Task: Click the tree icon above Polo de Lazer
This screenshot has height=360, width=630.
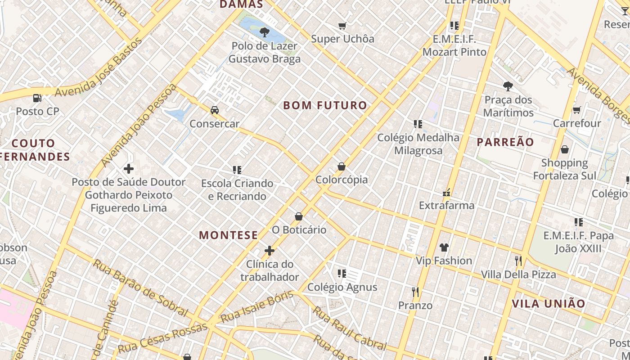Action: (265, 32)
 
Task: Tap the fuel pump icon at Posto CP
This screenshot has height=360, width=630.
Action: (37, 98)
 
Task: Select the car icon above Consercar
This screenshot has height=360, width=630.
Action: (215, 110)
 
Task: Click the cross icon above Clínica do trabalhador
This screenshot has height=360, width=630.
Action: (270, 251)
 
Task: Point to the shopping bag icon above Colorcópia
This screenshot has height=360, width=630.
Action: (342, 167)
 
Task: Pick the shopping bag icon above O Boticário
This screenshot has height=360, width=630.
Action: (298, 217)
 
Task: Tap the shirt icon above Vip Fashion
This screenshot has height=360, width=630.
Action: (444, 247)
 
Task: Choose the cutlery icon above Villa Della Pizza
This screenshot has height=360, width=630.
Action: (518, 261)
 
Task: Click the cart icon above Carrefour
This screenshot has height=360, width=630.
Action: (576, 110)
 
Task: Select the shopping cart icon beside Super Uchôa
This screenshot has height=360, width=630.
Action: (342, 26)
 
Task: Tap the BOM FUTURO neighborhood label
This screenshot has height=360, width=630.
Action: (325, 106)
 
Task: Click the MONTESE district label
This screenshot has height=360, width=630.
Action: (229, 235)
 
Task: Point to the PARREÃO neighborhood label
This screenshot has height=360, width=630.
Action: (505, 142)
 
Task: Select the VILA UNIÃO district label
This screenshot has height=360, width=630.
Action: (549, 304)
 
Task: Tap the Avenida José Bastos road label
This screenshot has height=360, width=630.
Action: (99, 68)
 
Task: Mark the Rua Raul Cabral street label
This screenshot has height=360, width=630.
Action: (349, 329)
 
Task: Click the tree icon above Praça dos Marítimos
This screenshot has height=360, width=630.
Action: (508, 86)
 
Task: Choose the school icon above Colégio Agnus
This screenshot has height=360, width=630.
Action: (342, 273)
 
